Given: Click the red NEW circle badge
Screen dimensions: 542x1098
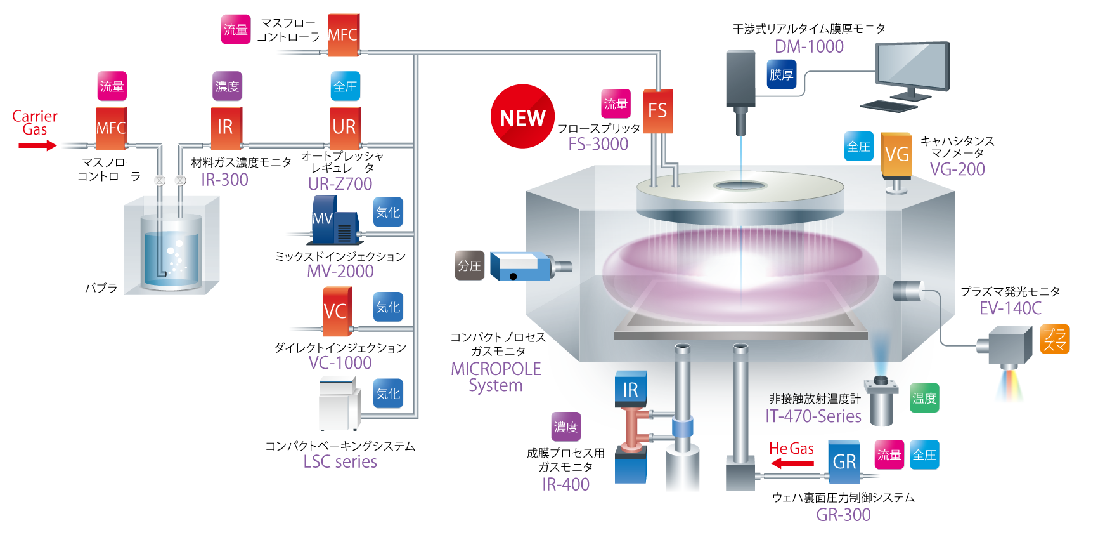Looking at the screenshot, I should coord(522,117).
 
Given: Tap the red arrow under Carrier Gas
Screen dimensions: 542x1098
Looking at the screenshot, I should coord(37,145).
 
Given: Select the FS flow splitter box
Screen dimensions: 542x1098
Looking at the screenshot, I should coord(657,112).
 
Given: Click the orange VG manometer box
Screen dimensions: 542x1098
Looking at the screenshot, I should coord(896,154).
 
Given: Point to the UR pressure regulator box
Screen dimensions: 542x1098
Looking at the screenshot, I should coord(344,126).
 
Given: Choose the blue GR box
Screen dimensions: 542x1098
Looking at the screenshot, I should coord(844,461).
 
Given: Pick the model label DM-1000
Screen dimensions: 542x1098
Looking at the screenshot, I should coord(809,46).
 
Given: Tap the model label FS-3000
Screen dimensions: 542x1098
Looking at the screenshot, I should coord(598,144).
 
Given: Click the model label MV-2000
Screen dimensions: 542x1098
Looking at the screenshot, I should coord(340,271).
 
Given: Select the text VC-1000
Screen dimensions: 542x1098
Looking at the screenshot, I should coord(340,362).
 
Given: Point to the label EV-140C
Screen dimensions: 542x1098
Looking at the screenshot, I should coord(1010,308).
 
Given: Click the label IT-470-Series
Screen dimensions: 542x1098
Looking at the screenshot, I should coord(813,416).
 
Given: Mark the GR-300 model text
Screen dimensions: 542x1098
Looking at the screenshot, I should coord(843,515).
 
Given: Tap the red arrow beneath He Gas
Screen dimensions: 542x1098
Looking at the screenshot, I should coord(792,463).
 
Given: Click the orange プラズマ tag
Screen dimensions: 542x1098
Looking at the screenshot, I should coord(1055,340).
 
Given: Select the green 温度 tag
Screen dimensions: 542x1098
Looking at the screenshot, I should coord(924,398).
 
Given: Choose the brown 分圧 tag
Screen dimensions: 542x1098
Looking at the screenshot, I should coord(470,265).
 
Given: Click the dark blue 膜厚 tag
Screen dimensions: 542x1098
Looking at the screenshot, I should coord(781,74).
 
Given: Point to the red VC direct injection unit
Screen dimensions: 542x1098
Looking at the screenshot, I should coord(336,311).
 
